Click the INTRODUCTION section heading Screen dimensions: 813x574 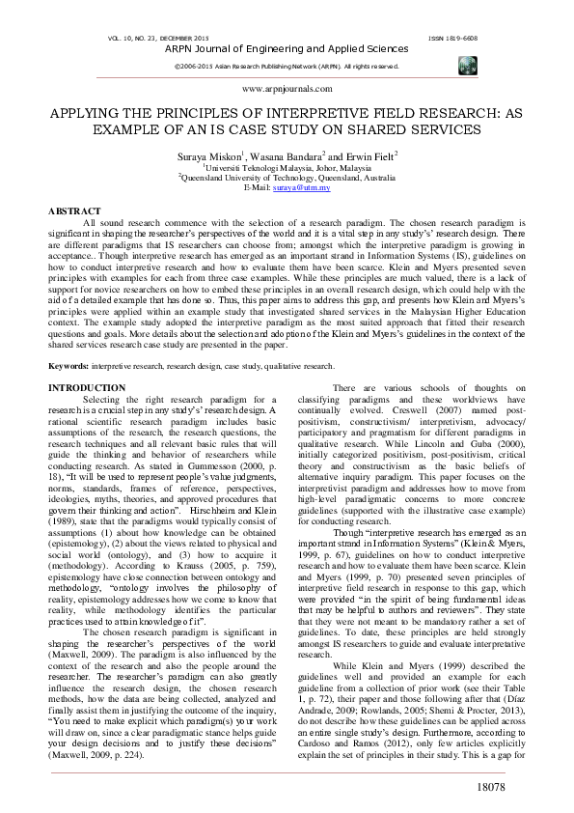(x=87, y=387)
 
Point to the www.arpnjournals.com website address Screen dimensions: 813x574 (x=287, y=88)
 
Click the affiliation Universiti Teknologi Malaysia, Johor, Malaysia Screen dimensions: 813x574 (x=288, y=167)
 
